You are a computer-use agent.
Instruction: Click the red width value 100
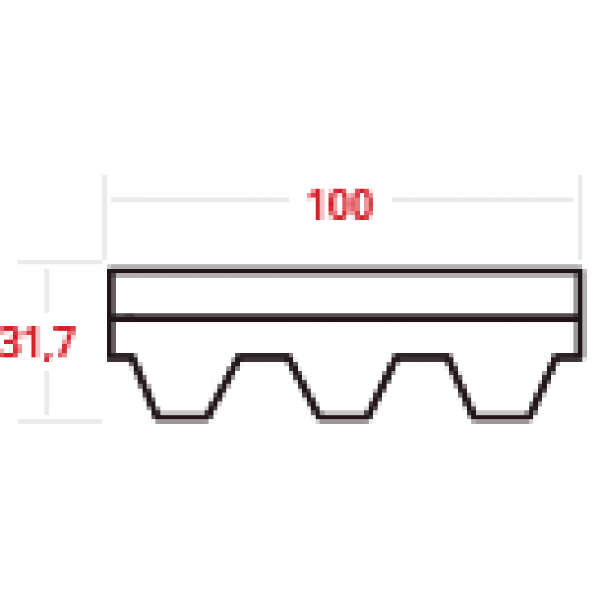[x=340, y=204]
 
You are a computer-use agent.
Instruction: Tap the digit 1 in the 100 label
[x=316, y=204]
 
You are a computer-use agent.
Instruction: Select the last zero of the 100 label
[x=361, y=204]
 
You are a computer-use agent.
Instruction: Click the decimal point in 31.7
[x=49, y=356]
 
